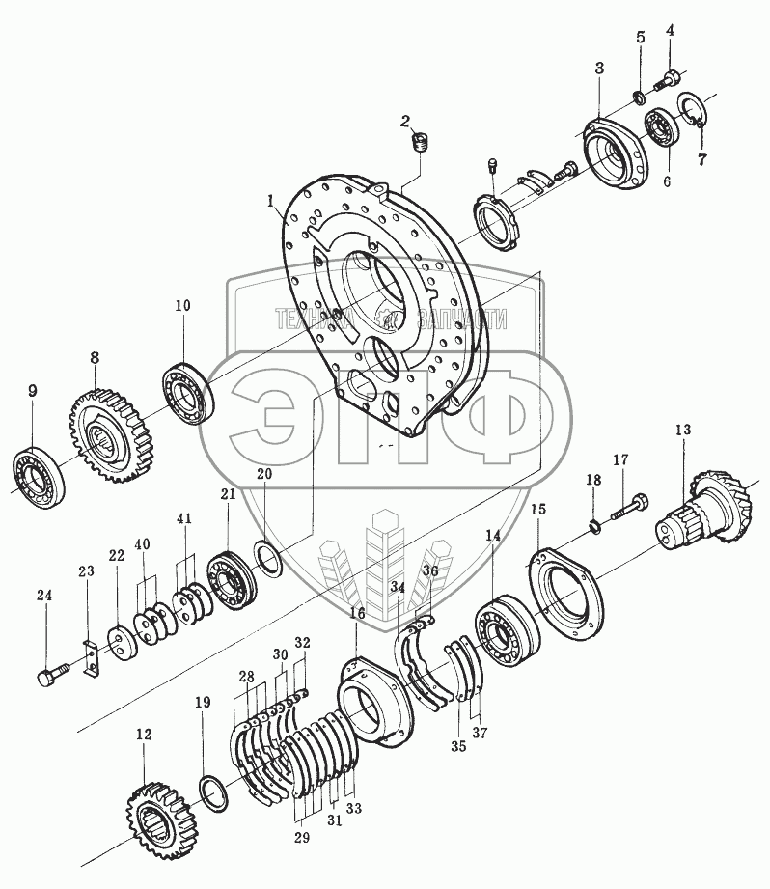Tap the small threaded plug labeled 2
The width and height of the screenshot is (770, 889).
pos(419,146)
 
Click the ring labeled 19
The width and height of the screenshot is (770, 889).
pos(213,787)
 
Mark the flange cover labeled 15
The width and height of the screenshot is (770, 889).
pos(568,588)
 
